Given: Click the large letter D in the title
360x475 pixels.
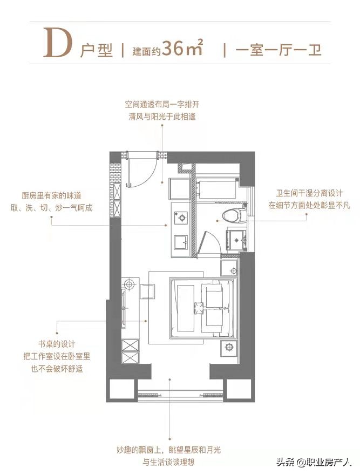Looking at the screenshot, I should pyautogui.click(x=57, y=42).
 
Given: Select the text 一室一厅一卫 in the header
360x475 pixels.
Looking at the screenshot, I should pyautogui.click(x=279, y=51).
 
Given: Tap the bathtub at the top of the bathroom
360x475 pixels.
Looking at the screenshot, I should pyautogui.click(x=216, y=187).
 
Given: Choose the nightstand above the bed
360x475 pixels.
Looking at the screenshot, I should pyautogui.click(x=229, y=269).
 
